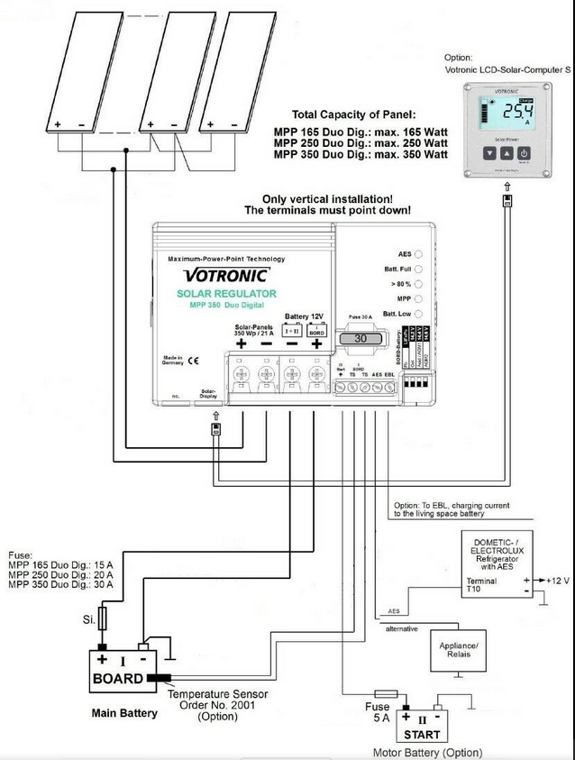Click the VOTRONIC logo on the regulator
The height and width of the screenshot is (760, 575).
tap(226, 275)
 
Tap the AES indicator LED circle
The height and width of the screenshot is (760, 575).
tap(418, 255)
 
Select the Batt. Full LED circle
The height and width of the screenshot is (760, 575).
tap(418, 270)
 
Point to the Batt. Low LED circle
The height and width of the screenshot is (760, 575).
tap(418, 313)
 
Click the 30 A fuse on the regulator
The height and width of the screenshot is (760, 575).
tap(360, 339)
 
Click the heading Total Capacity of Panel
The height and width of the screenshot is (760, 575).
tap(354, 115)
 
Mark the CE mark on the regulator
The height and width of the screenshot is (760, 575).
tap(193, 361)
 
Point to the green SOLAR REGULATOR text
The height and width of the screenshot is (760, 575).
tap(226, 294)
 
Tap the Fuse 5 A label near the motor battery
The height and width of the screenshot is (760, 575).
tap(377, 713)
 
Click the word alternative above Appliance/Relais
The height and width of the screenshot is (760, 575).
tap(402, 627)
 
